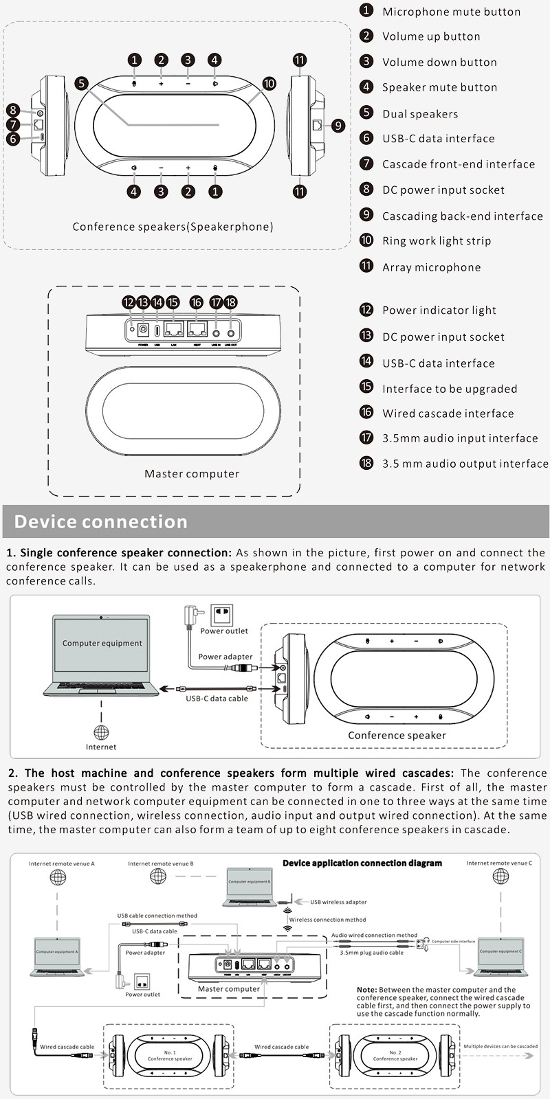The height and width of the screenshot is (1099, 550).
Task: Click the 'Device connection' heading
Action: pyautogui.click(x=100, y=521)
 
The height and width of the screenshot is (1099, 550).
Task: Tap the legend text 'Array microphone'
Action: pyautogui.click(x=431, y=267)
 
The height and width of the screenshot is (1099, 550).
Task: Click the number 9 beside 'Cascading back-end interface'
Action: pyautogui.click(x=366, y=215)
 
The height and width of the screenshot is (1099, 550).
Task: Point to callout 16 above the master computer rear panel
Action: pyautogui.click(x=197, y=302)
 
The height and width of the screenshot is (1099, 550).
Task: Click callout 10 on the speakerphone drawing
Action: pyautogui.click(x=269, y=84)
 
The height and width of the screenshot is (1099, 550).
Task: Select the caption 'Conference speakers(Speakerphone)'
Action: pyautogui.click(x=173, y=227)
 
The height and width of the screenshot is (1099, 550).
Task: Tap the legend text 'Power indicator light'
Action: pyautogui.click(x=439, y=310)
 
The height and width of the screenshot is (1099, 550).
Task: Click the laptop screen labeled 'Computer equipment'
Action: pyautogui.click(x=102, y=644)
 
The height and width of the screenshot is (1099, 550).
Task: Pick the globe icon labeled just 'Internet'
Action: pyautogui.click(x=101, y=732)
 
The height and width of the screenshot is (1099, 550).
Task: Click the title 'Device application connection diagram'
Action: pyautogui.click(x=362, y=863)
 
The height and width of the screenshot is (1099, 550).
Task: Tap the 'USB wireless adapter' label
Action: pyautogui.click(x=338, y=902)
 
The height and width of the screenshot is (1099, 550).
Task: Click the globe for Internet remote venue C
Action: pyautogui.click(x=500, y=876)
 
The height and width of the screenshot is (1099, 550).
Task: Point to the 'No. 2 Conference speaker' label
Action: pyautogui.click(x=395, y=1056)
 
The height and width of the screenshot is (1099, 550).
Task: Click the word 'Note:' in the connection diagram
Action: pyautogui.click(x=366, y=990)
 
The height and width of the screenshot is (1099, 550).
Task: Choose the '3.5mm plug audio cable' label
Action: pyautogui.click(x=371, y=953)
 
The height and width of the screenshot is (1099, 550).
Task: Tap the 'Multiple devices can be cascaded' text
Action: pyautogui.click(x=500, y=1047)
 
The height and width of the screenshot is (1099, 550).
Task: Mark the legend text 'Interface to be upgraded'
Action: pyautogui.click(x=450, y=389)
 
